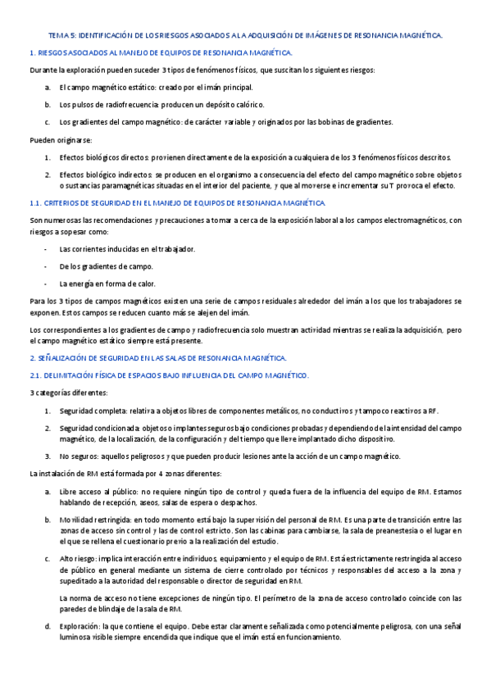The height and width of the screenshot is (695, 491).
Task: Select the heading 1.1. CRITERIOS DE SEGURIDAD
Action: (177, 202)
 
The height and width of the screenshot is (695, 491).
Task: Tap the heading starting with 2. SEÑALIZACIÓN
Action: (157, 358)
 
